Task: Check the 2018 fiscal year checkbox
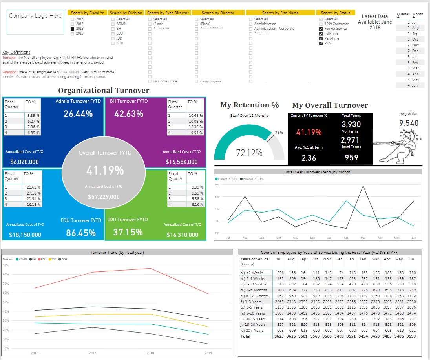coord(72,29)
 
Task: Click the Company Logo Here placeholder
coord(35,16)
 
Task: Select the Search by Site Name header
coord(280,13)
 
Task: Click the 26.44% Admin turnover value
coord(78,114)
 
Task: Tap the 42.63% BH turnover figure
coord(128,114)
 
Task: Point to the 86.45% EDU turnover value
coord(81,233)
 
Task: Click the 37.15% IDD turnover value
coord(128,232)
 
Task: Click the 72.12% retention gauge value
coord(249,153)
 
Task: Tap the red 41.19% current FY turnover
coord(309,132)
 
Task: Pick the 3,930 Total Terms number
coord(351,124)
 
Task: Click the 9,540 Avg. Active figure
coord(409,123)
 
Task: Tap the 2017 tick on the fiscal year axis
coord(92,353)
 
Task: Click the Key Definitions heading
coord(16,52)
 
